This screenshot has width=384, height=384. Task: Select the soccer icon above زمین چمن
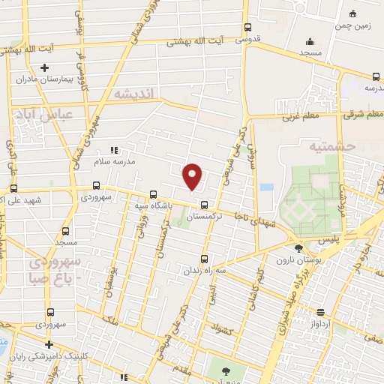point(353,13)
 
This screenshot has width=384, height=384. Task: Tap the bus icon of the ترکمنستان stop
point(204,205)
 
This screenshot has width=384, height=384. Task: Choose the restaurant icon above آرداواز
point(320,313)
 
